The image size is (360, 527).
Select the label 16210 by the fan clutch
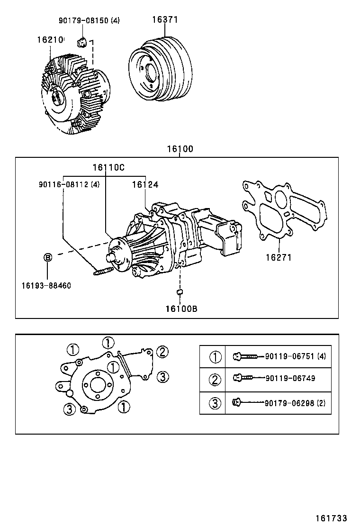point(50,40)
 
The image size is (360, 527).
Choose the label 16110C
point(108,167)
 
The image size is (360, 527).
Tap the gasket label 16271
point(278,258)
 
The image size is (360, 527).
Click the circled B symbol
point(47,257)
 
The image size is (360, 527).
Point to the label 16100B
point(181,309)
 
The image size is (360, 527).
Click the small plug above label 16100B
point(180,291)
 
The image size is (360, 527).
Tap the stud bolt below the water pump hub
point(104,272)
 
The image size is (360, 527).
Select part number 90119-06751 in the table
point(290,356)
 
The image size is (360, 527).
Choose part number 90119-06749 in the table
point(290,378)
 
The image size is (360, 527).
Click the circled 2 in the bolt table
point(215,379)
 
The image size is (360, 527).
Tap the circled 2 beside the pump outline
point(162,352)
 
